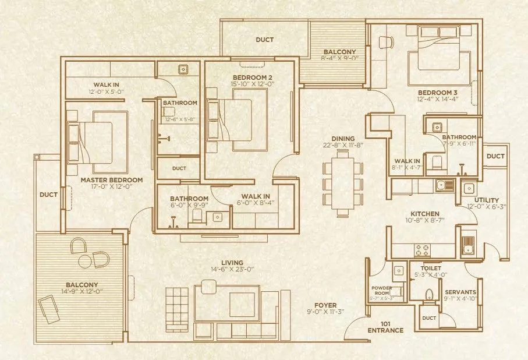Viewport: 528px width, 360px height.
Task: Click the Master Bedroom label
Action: (x=104, y=180)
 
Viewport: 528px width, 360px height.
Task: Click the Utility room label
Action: (x=486, y=200)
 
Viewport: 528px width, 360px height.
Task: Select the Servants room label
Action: (x=460, y=292)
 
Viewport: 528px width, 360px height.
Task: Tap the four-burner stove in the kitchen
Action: (x=421, y=250)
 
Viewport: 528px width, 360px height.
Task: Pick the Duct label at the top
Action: (x=265, y=40)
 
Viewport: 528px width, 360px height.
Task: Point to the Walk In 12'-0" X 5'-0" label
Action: (x=104, y=89)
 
